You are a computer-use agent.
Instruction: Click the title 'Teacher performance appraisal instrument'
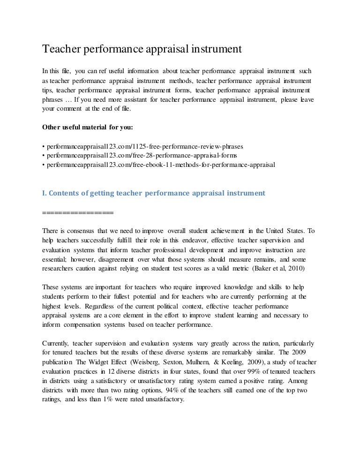click(x=142, y=49)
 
